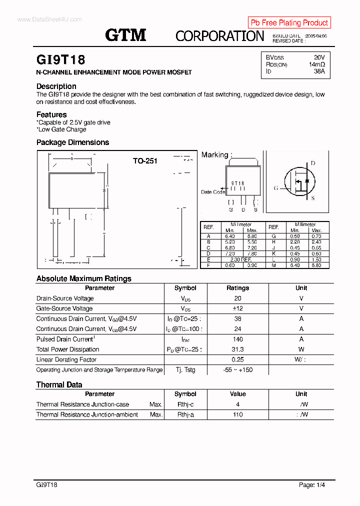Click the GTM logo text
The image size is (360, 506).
click(x=125, y=34)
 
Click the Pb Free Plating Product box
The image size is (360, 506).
click(x=289, y=22)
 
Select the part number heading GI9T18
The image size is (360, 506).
click(x=60, y=60)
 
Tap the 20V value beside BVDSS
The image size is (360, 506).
click(x=319, y=57)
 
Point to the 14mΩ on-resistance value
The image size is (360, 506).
click(x=316, y=64)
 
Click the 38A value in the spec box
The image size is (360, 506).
click(x=319, y=71)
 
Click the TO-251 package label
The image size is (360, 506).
click(x=145, y=161)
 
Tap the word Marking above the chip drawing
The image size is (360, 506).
click(x=214, y=155)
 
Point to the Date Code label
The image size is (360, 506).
click(x=212, y=192)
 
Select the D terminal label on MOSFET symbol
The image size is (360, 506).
click(x=313, y=163)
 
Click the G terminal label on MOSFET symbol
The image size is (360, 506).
click(x=275, y=188)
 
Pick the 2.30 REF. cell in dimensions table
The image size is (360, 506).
click(x=240, y=259)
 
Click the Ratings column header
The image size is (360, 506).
click(x=237, y=288)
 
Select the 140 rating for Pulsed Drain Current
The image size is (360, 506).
click(x=237, y=339)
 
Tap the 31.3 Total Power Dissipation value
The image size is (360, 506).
click(x=237, y=349)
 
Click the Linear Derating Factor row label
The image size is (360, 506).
click(x=66, y=359)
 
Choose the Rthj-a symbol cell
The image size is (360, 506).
click(x=185, y=414)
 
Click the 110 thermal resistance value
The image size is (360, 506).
click(x=237, y=414)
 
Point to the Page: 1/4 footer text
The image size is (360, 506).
click(x=312, y=485)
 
